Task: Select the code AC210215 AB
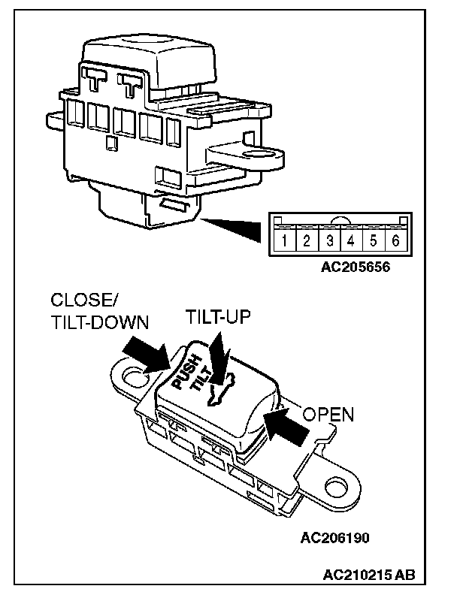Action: [x=368, y=576]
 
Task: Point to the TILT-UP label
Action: [x=218, y=318]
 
